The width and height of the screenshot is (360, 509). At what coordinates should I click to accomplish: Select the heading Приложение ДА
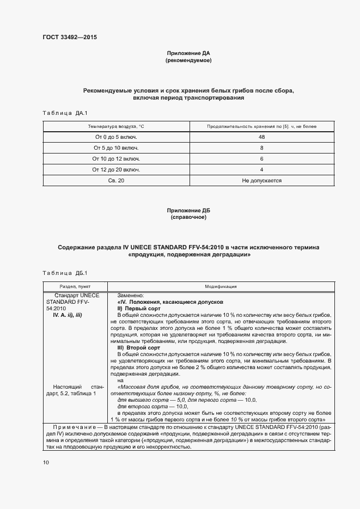[x=188, y=53]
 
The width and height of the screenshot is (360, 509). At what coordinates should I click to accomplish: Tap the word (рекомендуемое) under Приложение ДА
[x=188, y=60]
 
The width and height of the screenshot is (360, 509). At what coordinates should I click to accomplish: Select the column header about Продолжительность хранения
[x=261, y=126]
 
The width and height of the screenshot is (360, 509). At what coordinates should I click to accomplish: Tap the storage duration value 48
[x=261, y=137]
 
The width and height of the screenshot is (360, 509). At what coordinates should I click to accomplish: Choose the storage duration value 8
[x=261, y=148]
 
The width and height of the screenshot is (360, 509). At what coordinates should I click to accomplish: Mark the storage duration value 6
[x=261, y=158]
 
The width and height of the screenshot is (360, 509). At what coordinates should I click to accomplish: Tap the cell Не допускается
[x=261, y=180]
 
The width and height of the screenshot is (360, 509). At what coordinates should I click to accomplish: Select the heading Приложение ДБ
[x=188, y=210]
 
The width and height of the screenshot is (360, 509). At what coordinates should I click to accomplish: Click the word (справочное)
[x=188, y=217]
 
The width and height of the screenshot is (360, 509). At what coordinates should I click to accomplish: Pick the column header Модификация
[x=221, y=286]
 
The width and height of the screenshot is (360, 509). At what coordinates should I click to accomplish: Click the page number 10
[x=46, y=462]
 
